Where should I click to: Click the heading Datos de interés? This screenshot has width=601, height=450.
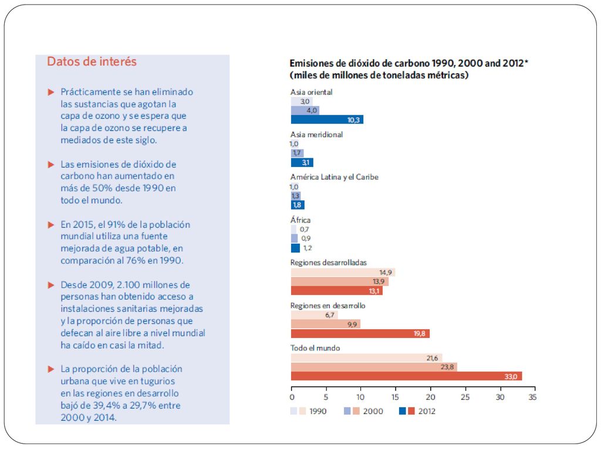coord(92,62)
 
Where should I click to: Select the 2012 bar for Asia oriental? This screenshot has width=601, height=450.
coord(327,120)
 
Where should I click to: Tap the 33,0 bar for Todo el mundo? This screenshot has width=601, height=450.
coord(406,376)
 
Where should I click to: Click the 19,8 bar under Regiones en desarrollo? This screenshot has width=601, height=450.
coord(360,333)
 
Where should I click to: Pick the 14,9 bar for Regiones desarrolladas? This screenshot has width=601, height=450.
coord(343,272)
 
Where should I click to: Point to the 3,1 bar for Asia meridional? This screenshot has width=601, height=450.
coord(302,163)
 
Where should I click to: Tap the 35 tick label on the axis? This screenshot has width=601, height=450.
coord(532,397)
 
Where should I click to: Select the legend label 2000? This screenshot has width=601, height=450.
coord(373,411)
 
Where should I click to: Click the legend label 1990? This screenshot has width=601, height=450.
coord(318,411)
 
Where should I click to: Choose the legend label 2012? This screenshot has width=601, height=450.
coord(427,411)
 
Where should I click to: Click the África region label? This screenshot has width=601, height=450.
coord(300,220)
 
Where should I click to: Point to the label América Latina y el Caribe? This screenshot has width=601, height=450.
coord(334,177)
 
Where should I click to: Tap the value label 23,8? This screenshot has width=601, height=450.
coord(447,367)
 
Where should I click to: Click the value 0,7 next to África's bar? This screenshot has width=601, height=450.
coord(305,229)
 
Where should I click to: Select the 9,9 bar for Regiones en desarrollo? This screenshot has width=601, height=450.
coord(325,325)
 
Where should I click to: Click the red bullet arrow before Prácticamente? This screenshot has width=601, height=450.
coord(50,92)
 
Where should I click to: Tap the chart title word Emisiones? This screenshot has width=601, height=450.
coord(310,63)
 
